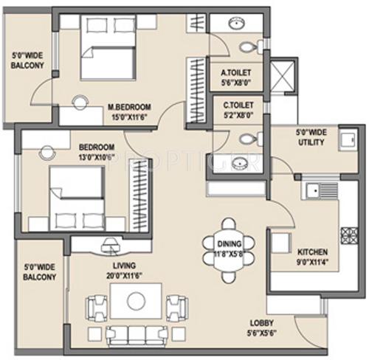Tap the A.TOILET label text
(x=236, y=73)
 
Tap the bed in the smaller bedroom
(x=77, y=195)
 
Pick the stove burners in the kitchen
(x=345, y=235)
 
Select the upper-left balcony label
(x=27, y=60)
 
